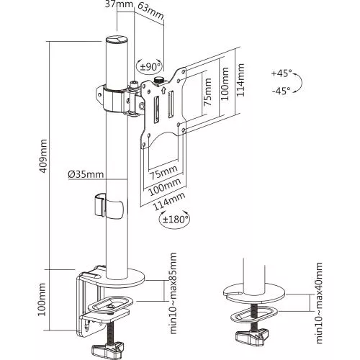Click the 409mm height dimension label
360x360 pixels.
coord(43,156)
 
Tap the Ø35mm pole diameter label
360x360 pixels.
coord(86,174)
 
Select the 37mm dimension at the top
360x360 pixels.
coord(119,4)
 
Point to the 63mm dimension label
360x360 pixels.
coord(151,12)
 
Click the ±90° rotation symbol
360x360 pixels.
coord(149,66)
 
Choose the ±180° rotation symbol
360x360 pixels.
coord(174,219)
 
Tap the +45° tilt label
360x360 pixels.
coord(282,73)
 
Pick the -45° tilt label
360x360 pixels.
coord(281,91)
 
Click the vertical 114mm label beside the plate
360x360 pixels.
coord(240,80)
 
